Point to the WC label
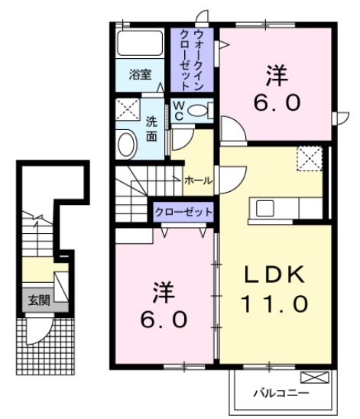177,109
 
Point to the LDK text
276,274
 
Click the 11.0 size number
276,304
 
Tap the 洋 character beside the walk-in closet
276,76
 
